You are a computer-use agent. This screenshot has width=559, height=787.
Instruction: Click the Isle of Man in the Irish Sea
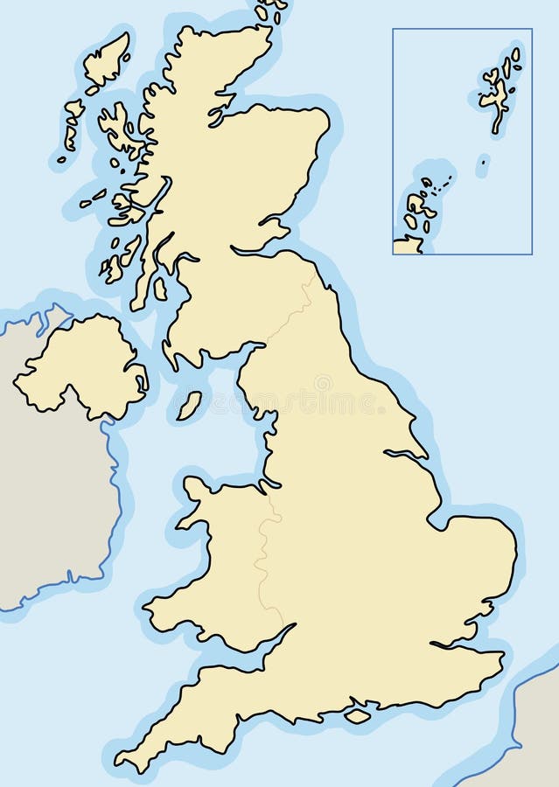click(189, 405)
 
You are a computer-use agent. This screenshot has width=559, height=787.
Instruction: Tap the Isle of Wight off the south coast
click(357, 715)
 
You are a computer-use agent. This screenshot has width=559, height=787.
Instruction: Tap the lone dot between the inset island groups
click(483, 161)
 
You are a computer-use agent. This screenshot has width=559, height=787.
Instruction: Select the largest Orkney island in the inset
click(418, 205)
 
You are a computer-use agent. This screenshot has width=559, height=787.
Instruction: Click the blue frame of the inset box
click(393, 140)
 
